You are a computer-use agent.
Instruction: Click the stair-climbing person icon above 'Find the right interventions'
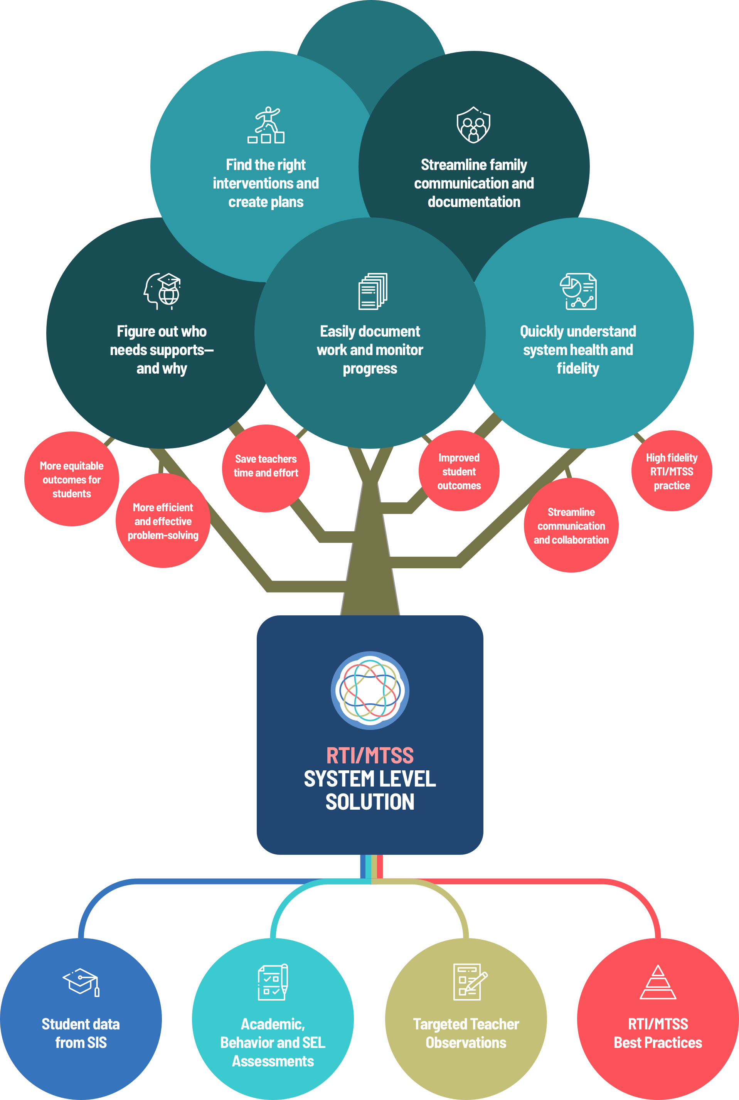tap(266, 125)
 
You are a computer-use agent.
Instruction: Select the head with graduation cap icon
tap(163, 291)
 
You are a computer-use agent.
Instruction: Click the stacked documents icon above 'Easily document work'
tap(373, 291)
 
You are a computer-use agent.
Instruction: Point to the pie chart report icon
tap(578, 291)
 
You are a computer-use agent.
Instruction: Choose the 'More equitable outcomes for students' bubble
tap(72, 479)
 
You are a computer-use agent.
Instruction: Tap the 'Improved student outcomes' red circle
tap(459, 471)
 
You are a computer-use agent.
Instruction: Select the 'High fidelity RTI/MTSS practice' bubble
tap(672, 471)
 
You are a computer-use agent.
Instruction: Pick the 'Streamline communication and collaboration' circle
tap(571, 526)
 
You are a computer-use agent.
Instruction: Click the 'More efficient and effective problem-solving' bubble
tap(163, 521)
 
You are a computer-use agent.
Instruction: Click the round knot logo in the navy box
tap(370, 691)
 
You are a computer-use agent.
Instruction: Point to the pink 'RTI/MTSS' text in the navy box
tap(370, 755)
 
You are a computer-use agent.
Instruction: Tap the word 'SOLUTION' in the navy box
tap(370, 802)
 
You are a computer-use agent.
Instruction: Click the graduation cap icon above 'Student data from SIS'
tap(81, 982)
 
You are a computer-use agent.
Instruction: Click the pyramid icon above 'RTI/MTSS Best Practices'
tap(658, 983)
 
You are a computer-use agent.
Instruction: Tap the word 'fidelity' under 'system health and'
tap(578, 368)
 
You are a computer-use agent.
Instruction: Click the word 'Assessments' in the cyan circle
tap(273, 1061)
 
